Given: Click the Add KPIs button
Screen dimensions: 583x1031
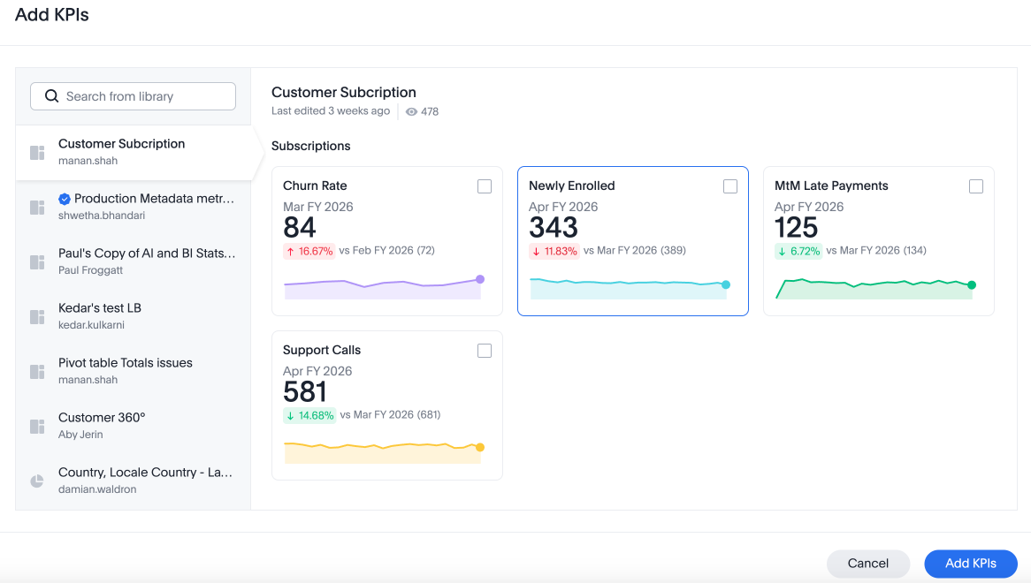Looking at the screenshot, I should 970,564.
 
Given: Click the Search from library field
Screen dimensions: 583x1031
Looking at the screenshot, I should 133,96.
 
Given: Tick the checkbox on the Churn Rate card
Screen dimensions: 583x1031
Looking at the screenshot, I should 485,186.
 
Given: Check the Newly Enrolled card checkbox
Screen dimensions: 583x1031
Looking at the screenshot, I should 730,186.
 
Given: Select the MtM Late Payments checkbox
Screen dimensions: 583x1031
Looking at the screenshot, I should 976,186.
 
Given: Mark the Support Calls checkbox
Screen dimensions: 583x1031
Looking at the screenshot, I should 485,351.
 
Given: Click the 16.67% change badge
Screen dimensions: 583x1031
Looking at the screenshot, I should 309,251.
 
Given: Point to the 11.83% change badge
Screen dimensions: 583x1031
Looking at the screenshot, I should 555,251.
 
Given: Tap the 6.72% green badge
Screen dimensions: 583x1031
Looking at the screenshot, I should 799,251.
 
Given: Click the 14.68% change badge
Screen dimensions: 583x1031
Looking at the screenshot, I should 309,415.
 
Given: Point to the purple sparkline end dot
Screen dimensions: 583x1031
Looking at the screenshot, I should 480,279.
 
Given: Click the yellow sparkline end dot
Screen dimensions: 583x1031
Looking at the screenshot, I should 480,447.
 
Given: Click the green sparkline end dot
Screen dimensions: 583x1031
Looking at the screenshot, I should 972,285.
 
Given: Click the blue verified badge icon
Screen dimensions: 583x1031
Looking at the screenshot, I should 65,199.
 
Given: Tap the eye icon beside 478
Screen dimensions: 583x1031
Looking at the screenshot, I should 411,112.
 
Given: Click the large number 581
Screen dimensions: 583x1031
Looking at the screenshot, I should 305,392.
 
